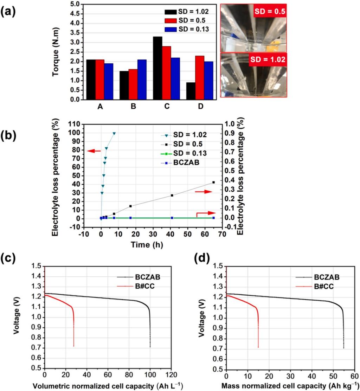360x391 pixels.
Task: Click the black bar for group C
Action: (x=157, y=68)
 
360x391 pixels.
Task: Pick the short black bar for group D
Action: (x=191, y=91)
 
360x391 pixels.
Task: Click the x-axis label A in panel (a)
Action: (x=100, y=107)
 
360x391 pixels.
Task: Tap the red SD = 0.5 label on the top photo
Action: (x=269, y=12)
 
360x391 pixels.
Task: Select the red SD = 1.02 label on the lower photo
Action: (x=268, y=60)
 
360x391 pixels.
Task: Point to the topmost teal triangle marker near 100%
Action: (x=114, y=134)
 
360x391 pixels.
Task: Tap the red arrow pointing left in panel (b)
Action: (x=94, y=151)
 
